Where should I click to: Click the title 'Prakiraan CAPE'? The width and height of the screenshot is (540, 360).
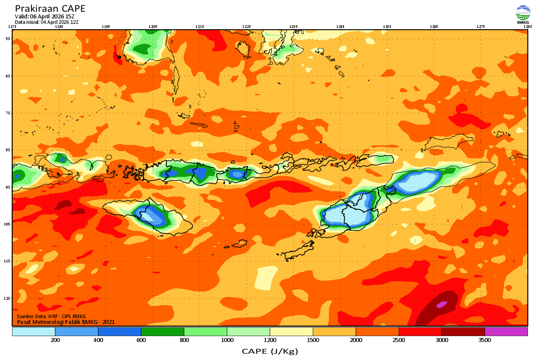pos(50,9)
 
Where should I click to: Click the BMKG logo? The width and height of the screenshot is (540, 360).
pos(523,14)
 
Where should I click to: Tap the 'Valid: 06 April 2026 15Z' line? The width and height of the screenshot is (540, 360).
pos(45,17)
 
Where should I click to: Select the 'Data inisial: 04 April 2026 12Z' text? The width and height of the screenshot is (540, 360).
pos(47,22)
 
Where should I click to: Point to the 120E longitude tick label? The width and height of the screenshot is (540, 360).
pos(153,27)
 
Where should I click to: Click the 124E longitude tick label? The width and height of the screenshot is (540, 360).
pos(340,27)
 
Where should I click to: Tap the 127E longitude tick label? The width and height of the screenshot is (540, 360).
pos(481,27)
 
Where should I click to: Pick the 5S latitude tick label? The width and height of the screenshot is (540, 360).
pos(8,39)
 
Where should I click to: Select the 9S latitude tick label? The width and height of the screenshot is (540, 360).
pos(8,187)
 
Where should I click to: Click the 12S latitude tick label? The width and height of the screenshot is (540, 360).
pos(8,298)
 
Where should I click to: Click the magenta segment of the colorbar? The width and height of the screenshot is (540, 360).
pos(506,332)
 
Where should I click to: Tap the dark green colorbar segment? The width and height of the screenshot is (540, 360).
pos(162,332)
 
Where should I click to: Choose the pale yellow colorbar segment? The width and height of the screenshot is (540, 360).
pos(291,332)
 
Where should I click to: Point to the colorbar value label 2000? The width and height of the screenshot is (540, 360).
pos(355,341)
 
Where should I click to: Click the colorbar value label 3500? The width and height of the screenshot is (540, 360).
pos(484,341)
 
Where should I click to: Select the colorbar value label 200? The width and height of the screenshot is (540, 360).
pos(55,341)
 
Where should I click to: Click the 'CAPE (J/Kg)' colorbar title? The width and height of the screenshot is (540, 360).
pos(270,351)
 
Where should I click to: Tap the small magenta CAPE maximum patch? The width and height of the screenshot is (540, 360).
pos(441,304)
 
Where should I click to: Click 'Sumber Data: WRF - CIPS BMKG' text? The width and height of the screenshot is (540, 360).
pos(51,317)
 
